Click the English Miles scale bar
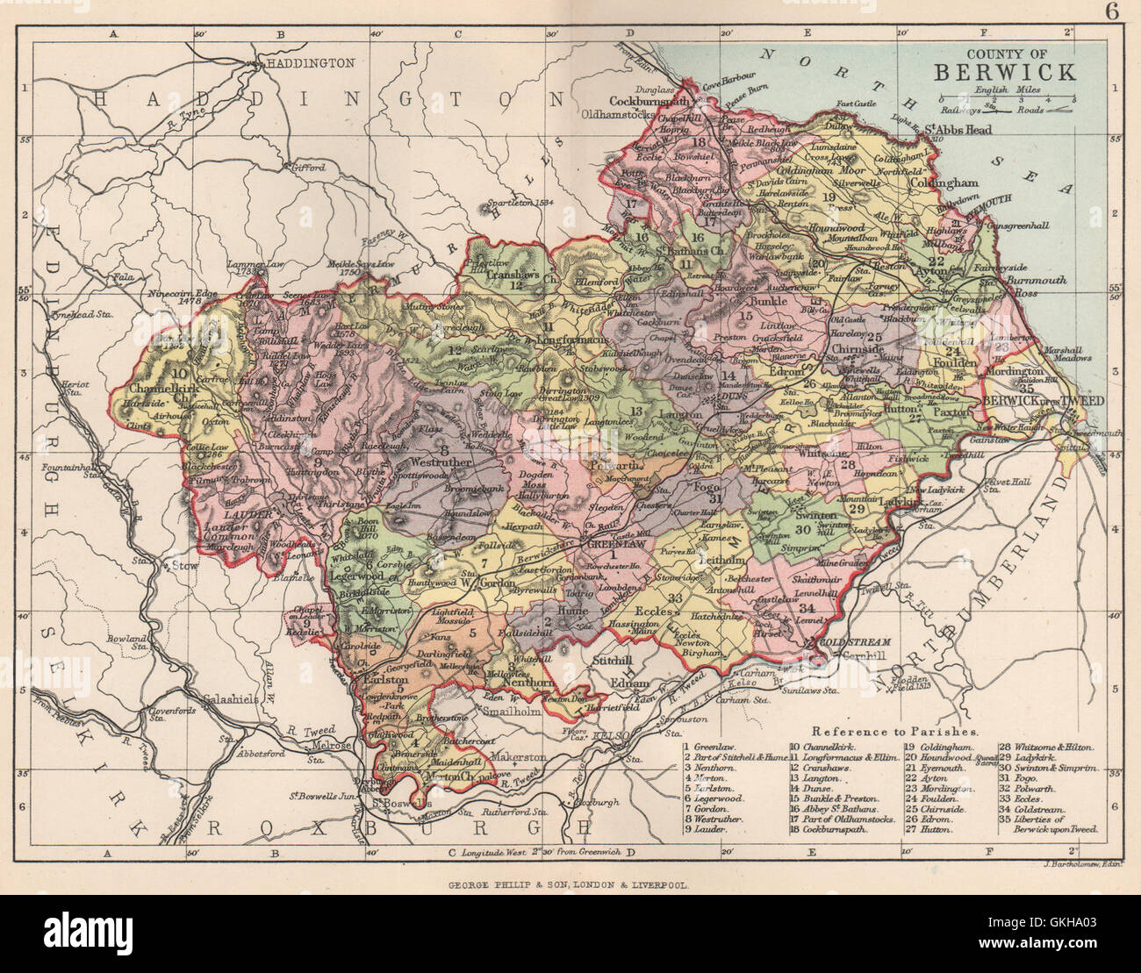[1008, 98]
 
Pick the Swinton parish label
[813, 517]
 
